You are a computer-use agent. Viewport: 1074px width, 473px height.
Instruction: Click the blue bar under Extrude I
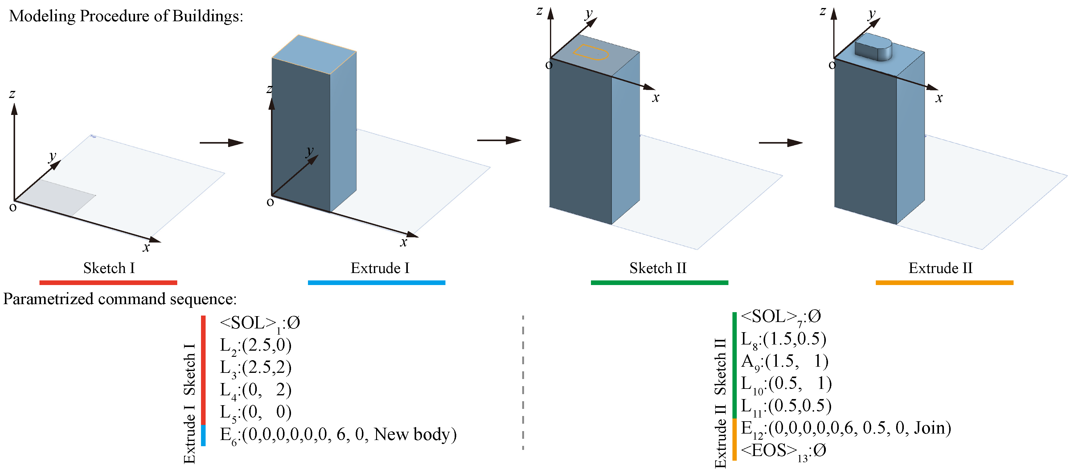click(x=376, y=283)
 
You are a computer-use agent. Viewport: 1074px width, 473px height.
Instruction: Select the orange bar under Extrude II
click(x=944, y=283)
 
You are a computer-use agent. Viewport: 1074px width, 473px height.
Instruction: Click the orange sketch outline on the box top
click(x=590, y=52)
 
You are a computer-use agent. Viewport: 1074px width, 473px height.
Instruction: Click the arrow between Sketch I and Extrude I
click(x=221, y=143)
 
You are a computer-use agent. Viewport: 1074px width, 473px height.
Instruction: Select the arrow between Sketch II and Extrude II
click(x=780, y=143)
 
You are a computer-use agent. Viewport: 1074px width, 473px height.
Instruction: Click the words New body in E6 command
click(x=415, y=434)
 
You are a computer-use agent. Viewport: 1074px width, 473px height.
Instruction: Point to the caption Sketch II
click(x=658, y=268)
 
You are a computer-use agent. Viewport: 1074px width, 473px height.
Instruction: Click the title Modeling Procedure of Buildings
click(x=126, y=16)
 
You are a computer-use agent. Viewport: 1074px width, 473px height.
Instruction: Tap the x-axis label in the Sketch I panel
click(x=146, y=247)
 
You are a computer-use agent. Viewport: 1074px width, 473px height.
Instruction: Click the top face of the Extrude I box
click(x=314, y=54)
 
